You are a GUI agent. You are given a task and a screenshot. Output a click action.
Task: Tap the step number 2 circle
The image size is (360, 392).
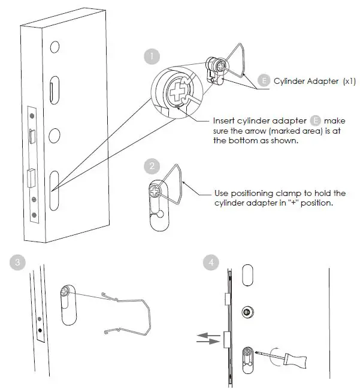(152, 166)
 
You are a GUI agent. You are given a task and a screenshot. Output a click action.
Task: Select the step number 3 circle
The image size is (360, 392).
(18, 262)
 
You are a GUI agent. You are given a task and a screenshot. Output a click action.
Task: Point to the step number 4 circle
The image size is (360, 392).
(210, 262)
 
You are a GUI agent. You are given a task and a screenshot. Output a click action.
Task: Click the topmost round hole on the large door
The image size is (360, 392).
(55, 46)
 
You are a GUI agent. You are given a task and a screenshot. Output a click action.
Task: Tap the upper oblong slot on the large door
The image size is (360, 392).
(55, 89)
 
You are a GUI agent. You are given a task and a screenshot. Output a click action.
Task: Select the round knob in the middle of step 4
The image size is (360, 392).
(246, 312)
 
